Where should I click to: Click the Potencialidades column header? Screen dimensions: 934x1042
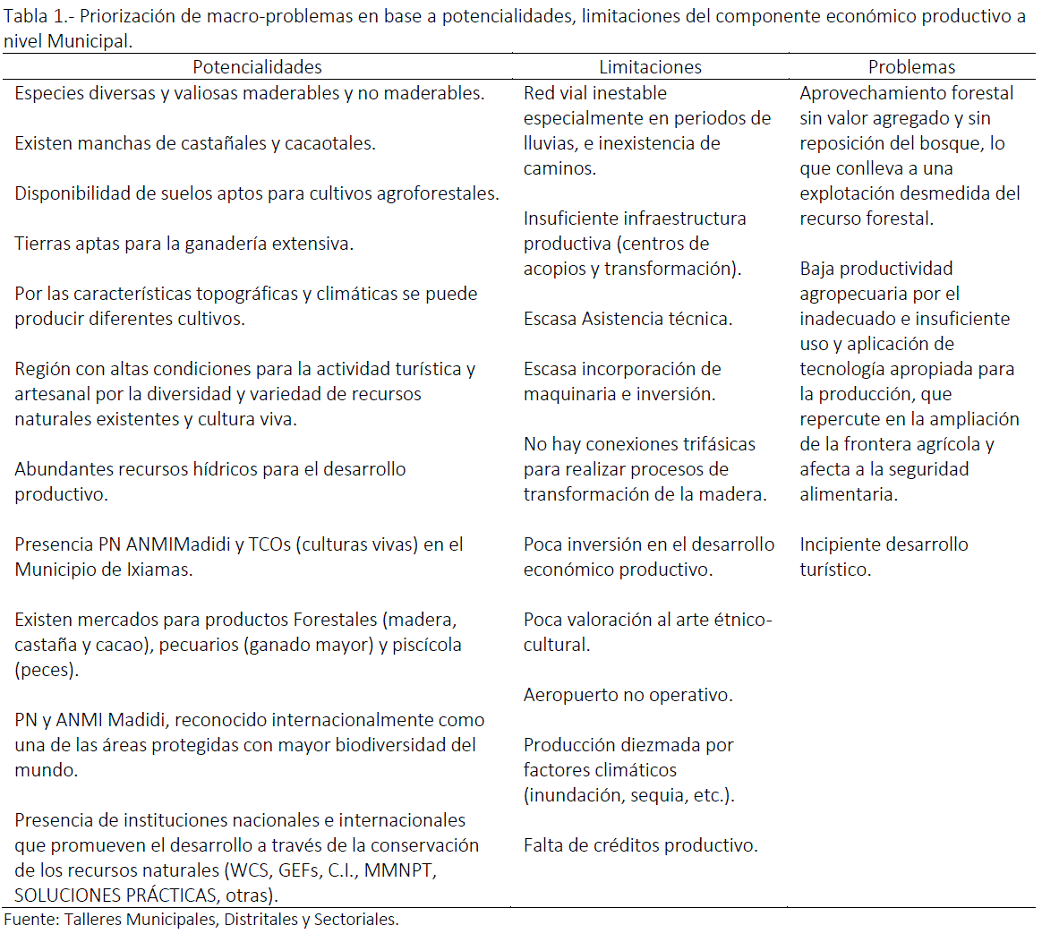[257, 67]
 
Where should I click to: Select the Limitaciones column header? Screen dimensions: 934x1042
[650, 67]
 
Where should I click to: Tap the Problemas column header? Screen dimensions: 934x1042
[911, 67]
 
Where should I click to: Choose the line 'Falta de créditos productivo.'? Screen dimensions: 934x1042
[640, 845]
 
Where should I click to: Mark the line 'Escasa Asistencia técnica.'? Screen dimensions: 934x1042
[628, 319]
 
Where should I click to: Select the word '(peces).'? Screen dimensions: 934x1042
[47, 670]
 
